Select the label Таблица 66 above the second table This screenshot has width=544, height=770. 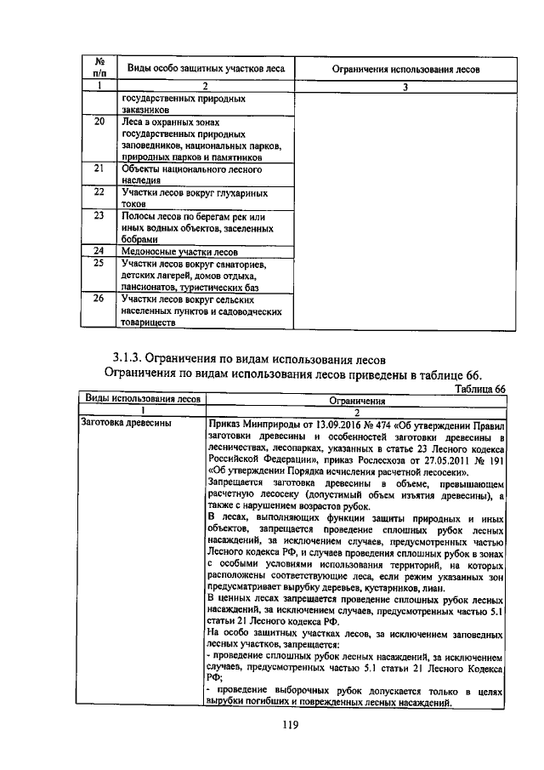479,388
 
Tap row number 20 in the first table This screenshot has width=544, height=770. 99,122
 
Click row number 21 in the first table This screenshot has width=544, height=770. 99,169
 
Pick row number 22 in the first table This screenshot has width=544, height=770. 99,193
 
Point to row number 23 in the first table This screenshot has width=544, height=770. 99,216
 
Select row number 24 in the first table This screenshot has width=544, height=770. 99,251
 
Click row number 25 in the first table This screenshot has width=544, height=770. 99,264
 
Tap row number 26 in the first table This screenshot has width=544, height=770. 99,299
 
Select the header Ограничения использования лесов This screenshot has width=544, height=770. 405,68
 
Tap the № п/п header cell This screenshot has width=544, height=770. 99,68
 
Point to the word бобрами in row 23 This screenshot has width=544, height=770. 140,241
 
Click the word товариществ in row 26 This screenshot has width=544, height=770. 149,323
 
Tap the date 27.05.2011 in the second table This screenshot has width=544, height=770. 439,459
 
